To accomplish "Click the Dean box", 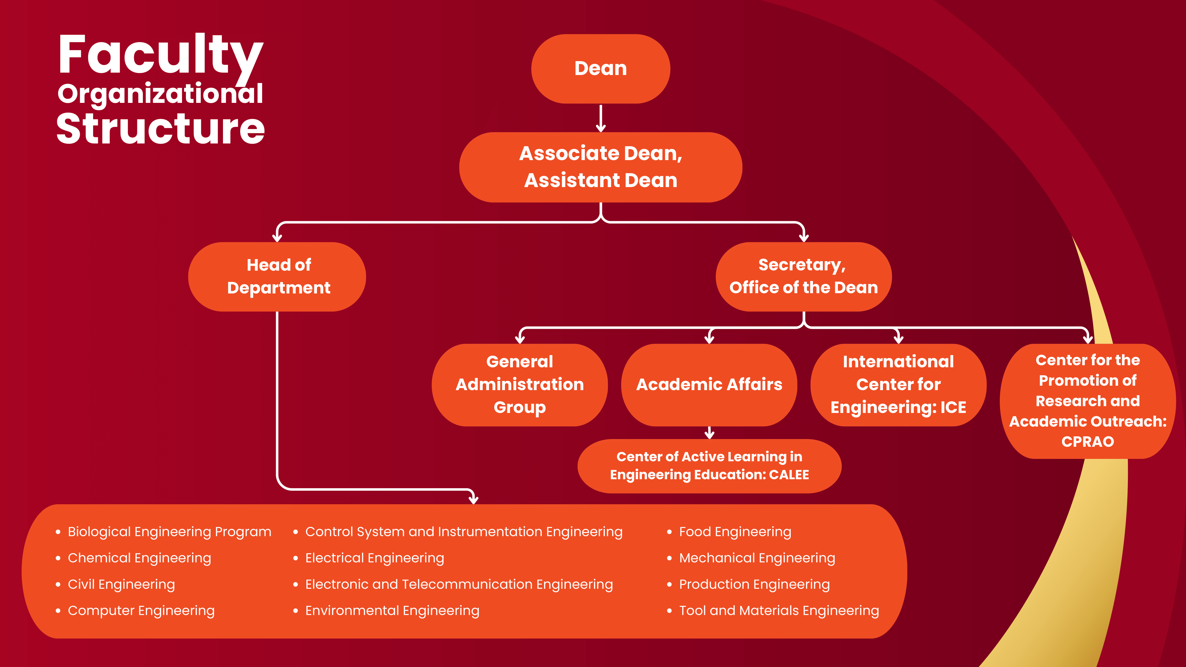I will [600, 68].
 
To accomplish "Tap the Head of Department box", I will [277, 276].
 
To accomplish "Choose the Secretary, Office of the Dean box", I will [804, 276].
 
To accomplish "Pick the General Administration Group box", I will [519, 384].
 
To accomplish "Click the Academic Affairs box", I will [709, 384].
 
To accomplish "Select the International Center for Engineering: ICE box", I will [898, 384].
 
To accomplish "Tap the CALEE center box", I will [709, 466].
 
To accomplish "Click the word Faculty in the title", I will [160, 55].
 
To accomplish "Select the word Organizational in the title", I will [160, 94].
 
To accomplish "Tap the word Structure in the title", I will [160, 129].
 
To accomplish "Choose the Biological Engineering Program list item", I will [169, 532].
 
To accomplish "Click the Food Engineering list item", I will [735, 532].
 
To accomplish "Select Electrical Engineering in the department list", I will [374, 558].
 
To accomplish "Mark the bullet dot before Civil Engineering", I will [58, 585].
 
